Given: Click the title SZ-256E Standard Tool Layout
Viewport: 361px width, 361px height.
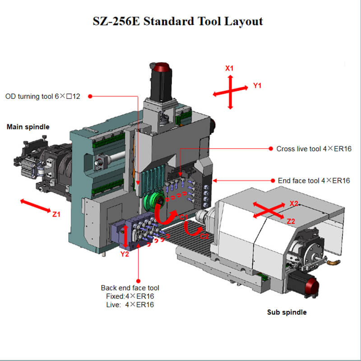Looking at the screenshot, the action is (178, 21).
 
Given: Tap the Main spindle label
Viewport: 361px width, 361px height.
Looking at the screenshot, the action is (28, 127).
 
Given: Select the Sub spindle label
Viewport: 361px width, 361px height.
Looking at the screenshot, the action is (287, 312).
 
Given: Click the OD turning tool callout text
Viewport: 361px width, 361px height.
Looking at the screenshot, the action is (42, 96).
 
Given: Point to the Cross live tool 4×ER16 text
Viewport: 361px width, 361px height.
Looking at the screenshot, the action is (314, 149).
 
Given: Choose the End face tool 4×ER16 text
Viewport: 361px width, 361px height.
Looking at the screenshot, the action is (314, 180).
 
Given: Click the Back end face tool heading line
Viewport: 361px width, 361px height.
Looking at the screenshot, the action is (130, 288).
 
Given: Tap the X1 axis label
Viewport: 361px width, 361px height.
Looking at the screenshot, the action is (229, 68).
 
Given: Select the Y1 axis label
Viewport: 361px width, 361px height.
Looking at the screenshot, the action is (257, 86).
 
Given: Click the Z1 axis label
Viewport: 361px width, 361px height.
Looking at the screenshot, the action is (56, 214).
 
